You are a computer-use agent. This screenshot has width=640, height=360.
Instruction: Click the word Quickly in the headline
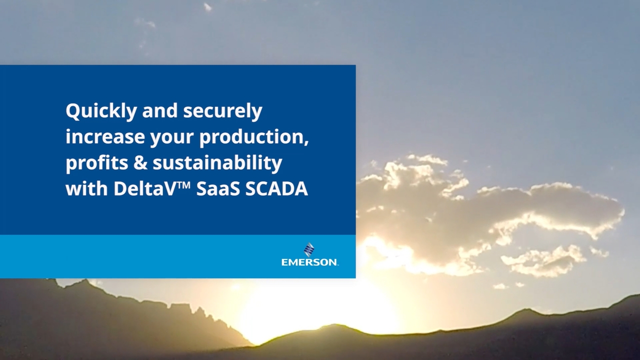101,111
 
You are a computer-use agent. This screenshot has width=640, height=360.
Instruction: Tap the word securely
222,111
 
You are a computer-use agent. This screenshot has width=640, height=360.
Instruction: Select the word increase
105,137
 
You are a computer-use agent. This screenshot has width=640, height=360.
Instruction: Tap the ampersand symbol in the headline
140,163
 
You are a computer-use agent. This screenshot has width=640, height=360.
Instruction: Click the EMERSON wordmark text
309,262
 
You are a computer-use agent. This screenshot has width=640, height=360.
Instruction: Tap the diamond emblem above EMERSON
309,249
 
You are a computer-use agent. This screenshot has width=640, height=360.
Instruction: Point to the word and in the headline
160,111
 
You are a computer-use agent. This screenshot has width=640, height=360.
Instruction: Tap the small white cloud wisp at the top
207,7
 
